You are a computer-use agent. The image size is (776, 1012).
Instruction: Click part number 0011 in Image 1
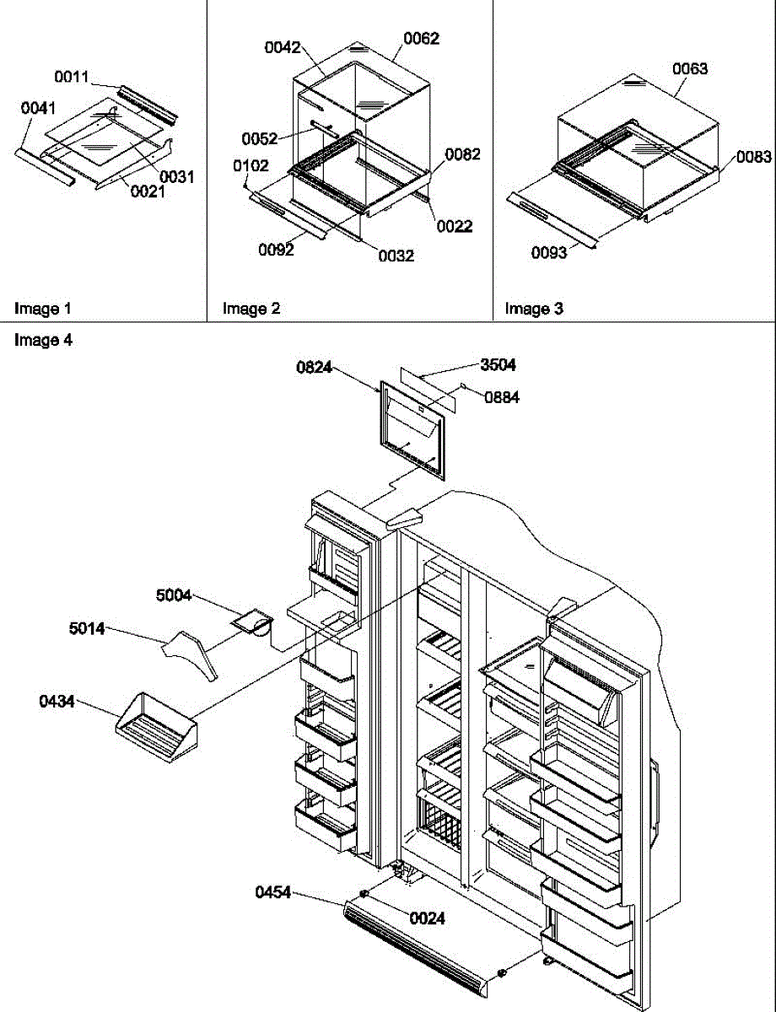click(72, 78)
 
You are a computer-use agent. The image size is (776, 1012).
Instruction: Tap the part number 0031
click(177, 176)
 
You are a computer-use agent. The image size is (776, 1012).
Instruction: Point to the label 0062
click(421, 39)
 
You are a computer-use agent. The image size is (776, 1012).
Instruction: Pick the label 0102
click(251, 166)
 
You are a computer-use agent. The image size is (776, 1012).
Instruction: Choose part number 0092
click(277, 249)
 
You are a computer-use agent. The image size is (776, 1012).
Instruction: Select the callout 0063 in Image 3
click(690, 68)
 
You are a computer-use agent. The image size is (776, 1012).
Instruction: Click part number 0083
click(753, 156)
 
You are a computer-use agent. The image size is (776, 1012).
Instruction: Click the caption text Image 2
click(251, 309)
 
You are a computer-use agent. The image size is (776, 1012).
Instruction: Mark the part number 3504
click(498, 365)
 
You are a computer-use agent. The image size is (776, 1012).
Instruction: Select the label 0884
click(502, 398)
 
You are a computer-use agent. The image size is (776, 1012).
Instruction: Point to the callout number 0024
click(428, 919)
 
